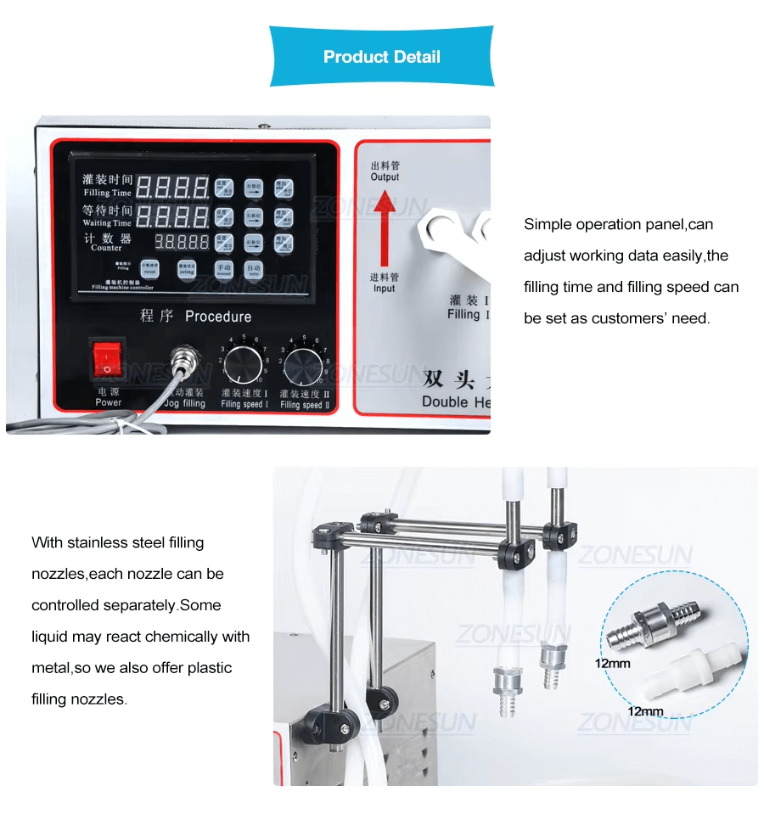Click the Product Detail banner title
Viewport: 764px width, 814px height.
pos(381,58)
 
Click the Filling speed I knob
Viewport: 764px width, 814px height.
pos(244,367)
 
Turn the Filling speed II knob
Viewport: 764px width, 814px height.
pos(303,367)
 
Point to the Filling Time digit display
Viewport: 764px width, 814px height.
pos(173,188)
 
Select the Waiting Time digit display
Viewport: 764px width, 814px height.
pos(173,215)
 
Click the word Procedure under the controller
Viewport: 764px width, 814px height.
pos(218,317)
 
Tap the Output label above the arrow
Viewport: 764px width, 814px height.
pos(385,177)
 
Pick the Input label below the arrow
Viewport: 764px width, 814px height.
pos(385,289)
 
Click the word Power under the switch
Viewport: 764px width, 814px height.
pos(108,402)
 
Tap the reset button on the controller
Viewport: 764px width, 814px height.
pos(149,269)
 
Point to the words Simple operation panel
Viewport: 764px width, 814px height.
pos(604,224)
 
